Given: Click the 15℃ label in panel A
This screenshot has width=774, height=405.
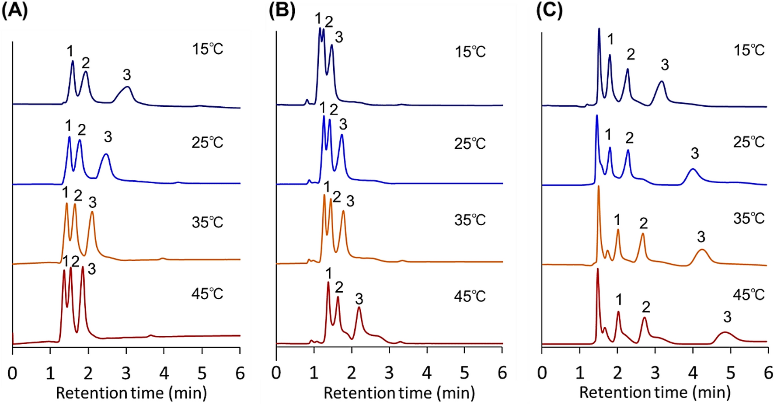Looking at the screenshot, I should (x=208, y=49).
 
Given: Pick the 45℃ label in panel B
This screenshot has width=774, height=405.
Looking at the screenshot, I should (x=470, y=297).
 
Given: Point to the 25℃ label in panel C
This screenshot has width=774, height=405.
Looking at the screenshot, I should (x=749, y=142).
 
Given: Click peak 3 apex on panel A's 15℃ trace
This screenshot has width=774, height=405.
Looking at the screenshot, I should (x=127, y=87).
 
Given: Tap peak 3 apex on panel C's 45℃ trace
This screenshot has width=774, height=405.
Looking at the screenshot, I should (x=725, y=333).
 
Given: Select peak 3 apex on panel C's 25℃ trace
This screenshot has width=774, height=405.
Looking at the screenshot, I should (x=693, y=169).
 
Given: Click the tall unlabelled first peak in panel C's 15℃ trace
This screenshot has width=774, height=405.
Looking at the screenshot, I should (x=599, y=29).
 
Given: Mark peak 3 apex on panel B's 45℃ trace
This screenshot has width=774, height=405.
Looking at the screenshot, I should (x=359, y=307).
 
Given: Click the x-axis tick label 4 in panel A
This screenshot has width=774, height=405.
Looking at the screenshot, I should (x=164, y=374).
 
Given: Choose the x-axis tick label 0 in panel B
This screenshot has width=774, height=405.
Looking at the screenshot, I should (x=276, y=374).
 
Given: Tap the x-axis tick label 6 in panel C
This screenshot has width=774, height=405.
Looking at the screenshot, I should (x=768, y=374).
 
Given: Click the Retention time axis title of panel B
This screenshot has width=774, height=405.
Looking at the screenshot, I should (x=399, y=393).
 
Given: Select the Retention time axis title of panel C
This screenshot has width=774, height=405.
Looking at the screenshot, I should (x=655, y=392).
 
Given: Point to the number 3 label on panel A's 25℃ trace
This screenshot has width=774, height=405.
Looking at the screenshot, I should (x=108, y=137).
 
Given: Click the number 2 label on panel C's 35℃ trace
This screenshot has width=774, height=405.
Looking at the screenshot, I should (x=643, y=223).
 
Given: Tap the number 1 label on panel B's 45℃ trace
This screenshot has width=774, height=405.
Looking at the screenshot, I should (x=328, y=274).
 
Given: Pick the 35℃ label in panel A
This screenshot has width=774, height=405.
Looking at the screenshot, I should (x=208, y=222).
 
